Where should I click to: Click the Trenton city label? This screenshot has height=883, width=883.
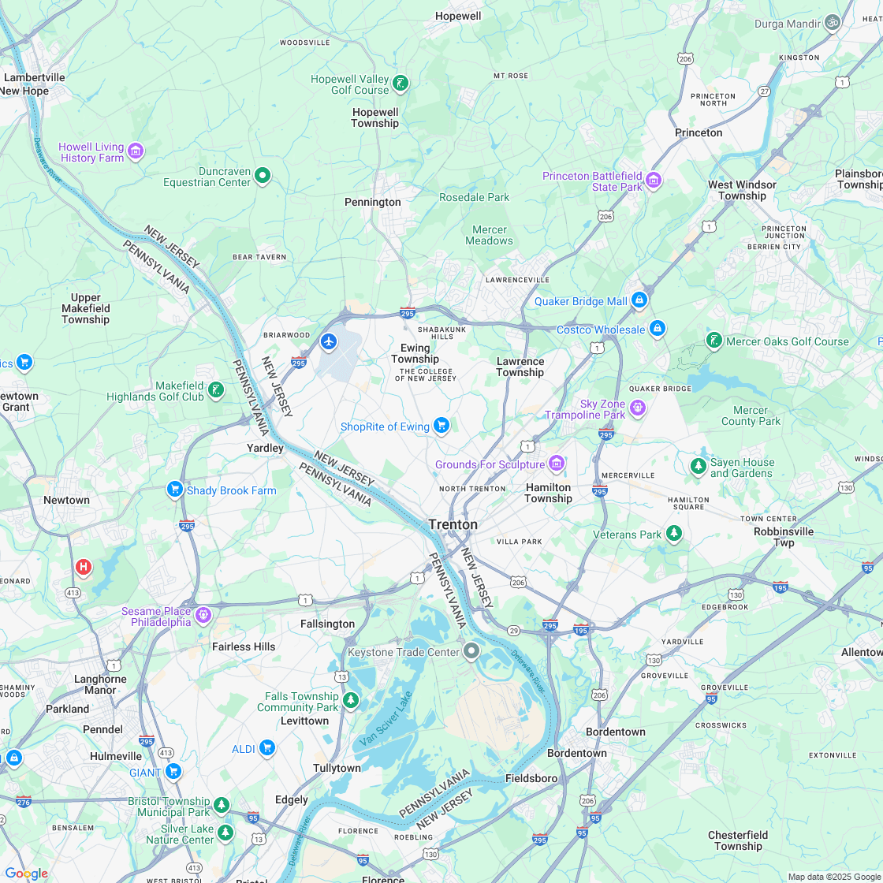pos(453,524)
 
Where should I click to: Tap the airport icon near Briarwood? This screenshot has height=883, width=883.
pos(329,341)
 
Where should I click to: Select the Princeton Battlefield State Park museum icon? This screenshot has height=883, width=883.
pos(653,181)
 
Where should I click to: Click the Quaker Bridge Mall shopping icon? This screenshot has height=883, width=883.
pos(639,300)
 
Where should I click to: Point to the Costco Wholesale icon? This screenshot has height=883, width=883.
pos(658,329)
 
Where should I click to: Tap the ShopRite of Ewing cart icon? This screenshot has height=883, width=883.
pos(441,427)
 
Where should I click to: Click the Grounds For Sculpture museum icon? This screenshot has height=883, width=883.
pos(557,464)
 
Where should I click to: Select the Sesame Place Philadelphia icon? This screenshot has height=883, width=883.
pos(203,614)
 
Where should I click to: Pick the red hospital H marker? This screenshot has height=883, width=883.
pos(83,567)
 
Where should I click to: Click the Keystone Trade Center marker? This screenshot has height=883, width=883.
pos(471,651)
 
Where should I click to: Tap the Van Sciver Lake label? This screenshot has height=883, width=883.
pos(386,720)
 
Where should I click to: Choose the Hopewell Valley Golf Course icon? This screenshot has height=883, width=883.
pos(401,84)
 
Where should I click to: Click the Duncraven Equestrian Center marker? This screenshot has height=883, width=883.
pos(263,175)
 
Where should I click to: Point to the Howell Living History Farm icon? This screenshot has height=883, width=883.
pos(136,151)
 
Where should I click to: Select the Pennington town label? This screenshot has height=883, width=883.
pos(373,202)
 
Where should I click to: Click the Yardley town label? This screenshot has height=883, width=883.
pos(265,448)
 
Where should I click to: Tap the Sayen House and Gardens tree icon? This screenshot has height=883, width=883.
pos(698,467)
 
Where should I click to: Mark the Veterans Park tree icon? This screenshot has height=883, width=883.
pos(673,535)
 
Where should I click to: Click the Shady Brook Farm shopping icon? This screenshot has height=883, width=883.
pos(175,490)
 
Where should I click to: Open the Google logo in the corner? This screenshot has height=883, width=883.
pos(26,873)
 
